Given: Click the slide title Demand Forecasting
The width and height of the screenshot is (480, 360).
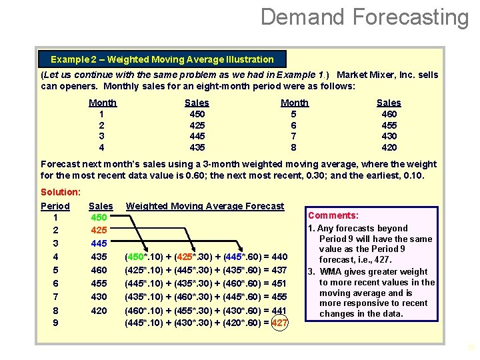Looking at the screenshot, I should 365,17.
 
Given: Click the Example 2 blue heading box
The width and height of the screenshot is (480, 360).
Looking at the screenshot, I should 162,59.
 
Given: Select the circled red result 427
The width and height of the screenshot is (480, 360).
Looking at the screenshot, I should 280,323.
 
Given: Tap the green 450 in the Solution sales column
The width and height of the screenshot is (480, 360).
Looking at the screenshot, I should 99,218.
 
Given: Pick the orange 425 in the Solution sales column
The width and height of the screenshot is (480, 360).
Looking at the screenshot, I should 99,231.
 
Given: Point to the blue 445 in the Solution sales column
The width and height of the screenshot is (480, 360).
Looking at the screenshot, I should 99,244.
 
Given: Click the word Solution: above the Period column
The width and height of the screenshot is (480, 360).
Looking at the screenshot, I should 61,192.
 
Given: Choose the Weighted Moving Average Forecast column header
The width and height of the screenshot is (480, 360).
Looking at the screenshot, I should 205,206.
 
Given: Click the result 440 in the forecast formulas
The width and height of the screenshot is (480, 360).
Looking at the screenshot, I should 279,257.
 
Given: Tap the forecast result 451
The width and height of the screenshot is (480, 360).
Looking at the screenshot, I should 279,283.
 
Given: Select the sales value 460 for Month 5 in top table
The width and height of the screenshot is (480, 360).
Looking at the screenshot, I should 388,114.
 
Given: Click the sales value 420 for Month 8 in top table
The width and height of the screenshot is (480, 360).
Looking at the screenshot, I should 388,147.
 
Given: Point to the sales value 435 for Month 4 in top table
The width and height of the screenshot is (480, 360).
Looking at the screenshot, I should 197,147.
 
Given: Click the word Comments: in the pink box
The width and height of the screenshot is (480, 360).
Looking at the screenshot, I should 333,215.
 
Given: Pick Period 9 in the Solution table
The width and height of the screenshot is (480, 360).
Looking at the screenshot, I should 55,323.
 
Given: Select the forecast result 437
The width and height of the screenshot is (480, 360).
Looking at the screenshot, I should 279,270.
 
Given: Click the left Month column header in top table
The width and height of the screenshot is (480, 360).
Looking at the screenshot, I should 103,103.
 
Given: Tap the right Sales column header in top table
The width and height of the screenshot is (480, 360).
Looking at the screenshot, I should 389,103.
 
